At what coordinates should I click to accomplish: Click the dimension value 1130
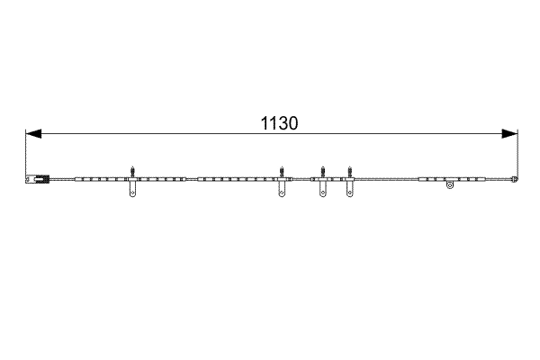tap(279, 123)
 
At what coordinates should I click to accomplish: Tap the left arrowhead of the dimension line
tap(33, 134)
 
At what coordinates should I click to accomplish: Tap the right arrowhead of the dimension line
tap(509, 134)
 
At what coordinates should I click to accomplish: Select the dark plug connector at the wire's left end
tap(38, 179)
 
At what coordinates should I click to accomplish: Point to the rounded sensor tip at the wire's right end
tap(515, 179)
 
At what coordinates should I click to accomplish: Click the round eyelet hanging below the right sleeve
tap(450, 185)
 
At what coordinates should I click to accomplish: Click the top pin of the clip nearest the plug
tap(132, 172)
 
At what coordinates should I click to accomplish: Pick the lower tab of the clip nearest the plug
tap(132, 190)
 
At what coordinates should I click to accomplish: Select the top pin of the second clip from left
tap(282, 172)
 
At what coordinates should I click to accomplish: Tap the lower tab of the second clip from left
tap(282, 190)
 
